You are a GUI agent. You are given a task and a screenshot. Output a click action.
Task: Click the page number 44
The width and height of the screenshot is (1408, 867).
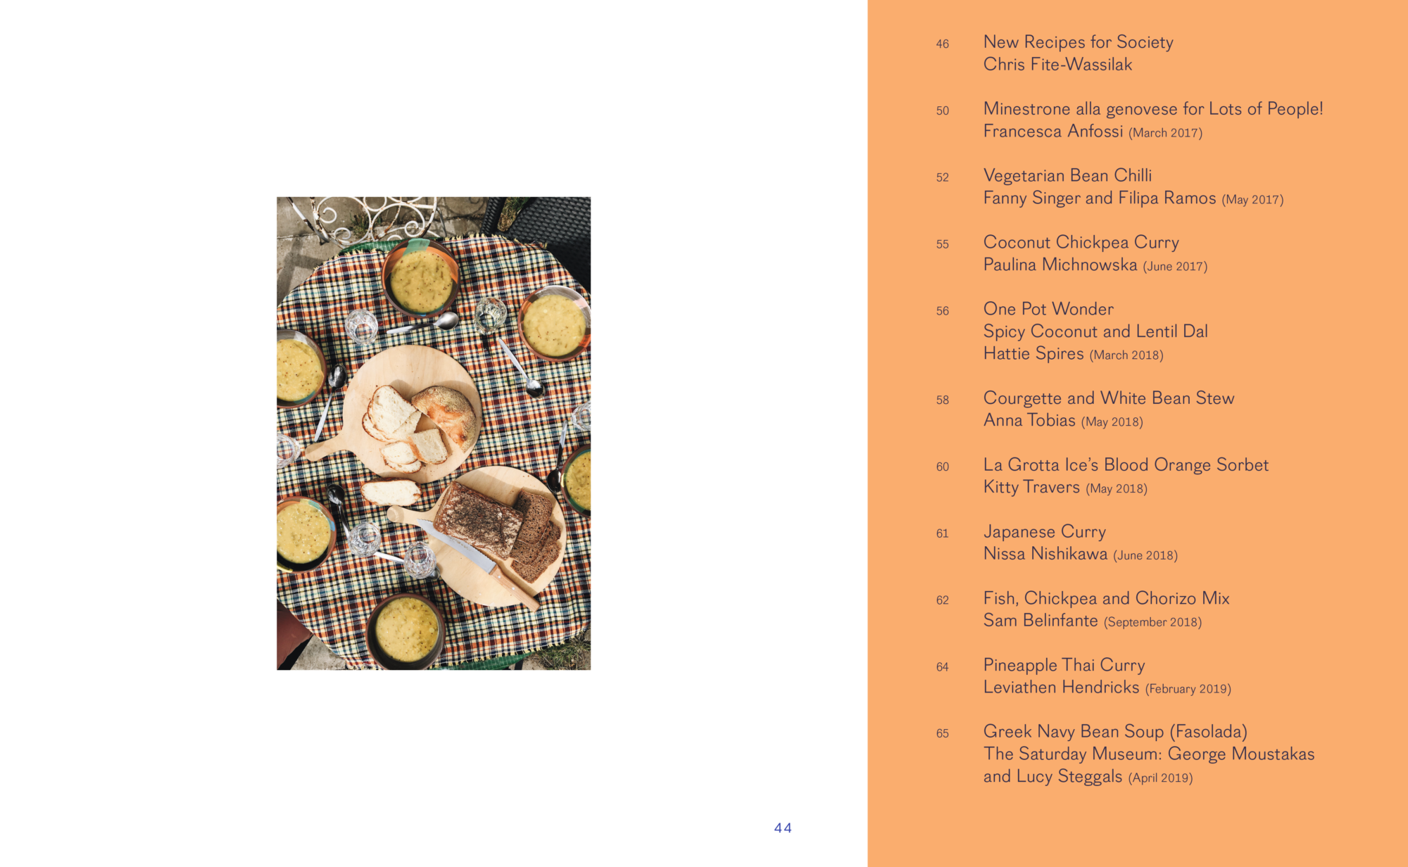[x=783, y=828]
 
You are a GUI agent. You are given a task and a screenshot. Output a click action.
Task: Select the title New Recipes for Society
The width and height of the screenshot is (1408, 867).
[x=1078, y=42]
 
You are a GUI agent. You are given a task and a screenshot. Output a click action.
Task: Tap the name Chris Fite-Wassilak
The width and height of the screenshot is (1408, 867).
[x=1057, y=65]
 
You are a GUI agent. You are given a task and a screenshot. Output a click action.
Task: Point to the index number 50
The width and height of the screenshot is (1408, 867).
[x=943, y=110]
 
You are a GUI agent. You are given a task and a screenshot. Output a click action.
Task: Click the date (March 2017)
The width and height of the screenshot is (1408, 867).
[x=1165, y=133]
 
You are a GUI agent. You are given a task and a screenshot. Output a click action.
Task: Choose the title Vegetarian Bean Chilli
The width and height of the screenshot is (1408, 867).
[x=1067, y=175]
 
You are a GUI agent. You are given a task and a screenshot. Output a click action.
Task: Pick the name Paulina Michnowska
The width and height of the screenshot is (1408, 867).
[x=1060, y=265]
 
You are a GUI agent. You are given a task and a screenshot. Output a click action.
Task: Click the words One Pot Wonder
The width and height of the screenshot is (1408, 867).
[x=1048, y=309]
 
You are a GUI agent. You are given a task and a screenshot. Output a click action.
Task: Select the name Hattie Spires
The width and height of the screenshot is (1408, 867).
[x=1033, y=353]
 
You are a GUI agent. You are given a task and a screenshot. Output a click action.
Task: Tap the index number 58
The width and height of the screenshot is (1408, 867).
[x=943, y=400]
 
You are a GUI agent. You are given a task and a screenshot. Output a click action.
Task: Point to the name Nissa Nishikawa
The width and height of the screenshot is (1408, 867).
[x=1045, y=554]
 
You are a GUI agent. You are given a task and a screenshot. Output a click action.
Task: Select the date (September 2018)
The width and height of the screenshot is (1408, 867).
[x=1152, y=622]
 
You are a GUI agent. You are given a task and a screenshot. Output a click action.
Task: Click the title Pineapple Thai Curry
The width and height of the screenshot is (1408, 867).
[x=1064, y=665]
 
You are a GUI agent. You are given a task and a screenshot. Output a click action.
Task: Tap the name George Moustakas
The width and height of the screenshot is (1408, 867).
[x=1240, y=754]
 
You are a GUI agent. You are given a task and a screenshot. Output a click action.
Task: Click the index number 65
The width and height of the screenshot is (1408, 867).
[x=943, y=733]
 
